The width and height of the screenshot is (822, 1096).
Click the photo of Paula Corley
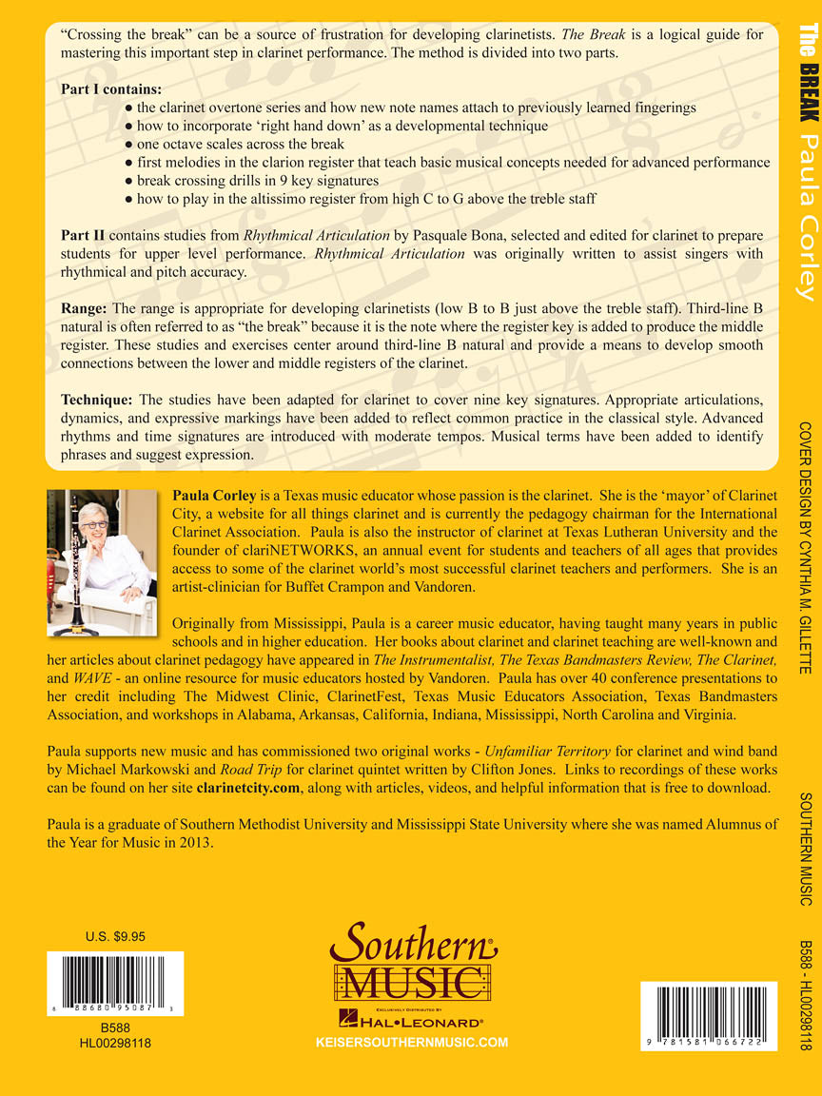click(102, 563)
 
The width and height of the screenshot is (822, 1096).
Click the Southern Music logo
click(413, 961)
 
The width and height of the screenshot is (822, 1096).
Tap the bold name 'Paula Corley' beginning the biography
click(214, 496)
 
